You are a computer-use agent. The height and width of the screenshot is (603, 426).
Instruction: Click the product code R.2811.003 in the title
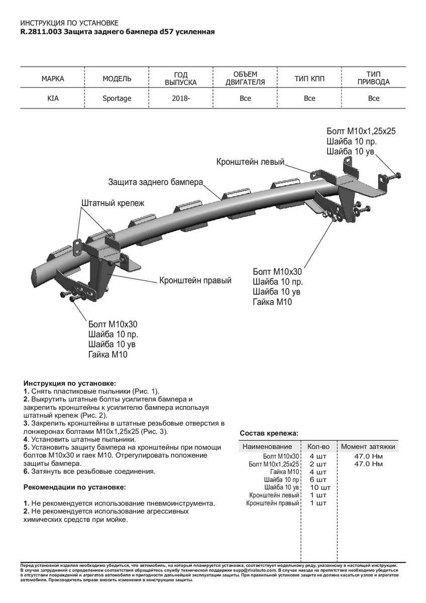pyautogui.click(x=41, y=32)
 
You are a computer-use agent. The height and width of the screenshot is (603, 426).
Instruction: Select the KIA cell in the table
pyautogui.click(x=53, y=98)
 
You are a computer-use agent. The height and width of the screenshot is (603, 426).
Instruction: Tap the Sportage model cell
pyautogui.click(x=117, y=98)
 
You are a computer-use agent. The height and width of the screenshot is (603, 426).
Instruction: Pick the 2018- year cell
pyautogui.click(x=181, y=98)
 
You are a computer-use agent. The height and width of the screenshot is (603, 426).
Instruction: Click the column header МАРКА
pyautogui.click(x=53, y=79)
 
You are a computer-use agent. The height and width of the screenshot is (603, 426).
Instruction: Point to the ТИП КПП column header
pyautogui.click(x=309, y=79)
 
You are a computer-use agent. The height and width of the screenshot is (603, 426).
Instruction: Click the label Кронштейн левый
pyautogui.click(x=250, y=162)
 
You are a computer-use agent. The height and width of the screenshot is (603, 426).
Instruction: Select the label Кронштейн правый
pyautogui.click(x=195, y=280)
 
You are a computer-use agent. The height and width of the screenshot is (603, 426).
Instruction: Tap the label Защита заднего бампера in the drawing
pyautogui.click(x=155, y=181)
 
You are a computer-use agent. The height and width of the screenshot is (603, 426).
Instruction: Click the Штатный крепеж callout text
pyautogui.click(x=113, y=203)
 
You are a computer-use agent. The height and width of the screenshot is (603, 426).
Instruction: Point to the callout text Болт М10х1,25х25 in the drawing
pyautogui.click(x=361, y=131)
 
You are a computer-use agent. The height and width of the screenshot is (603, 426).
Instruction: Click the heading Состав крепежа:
pyautogui.click(x=269, y=433)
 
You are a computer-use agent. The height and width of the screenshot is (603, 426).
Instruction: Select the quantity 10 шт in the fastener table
pyautogui.click(x=320, y=487)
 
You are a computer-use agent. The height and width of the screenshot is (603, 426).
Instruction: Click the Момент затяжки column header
pyautogui.click(x=368, y=446)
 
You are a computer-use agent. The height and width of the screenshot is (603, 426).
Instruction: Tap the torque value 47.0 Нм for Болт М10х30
pyautogui.click(x=368, y=456)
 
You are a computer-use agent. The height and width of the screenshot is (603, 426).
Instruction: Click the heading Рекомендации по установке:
pyautogui.click(x=75, y=487)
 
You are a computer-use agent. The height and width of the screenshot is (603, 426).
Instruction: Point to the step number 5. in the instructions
pyautogui.click(x=27, y=447)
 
